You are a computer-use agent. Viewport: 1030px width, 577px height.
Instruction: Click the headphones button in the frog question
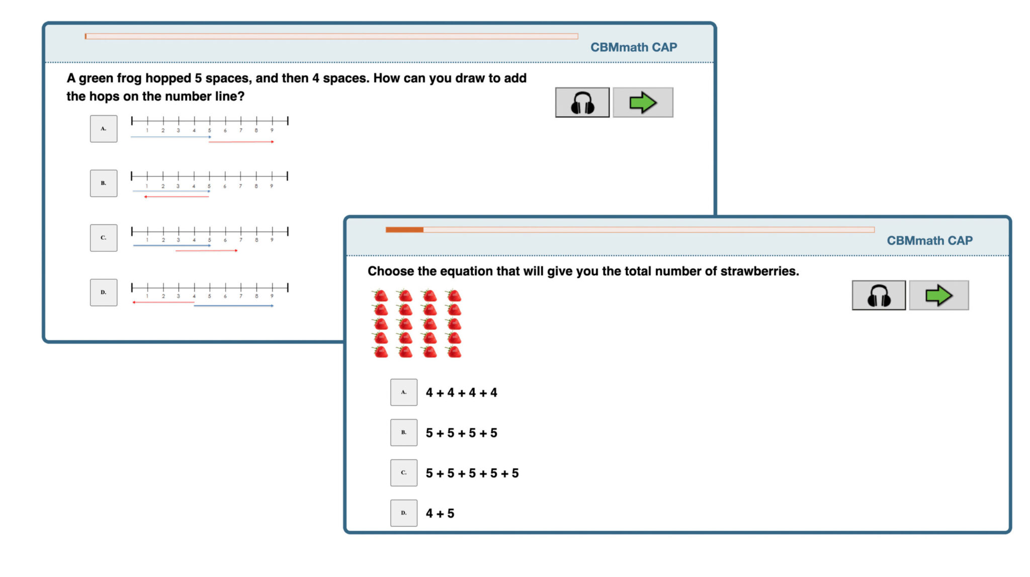pyautogui.click(x=582, y=103)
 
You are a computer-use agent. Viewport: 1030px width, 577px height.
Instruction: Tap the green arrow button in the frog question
pyautogui.click(x=643, y=103)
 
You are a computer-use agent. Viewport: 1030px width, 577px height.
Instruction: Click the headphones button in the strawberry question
pyautogui.click(x=879, y=295)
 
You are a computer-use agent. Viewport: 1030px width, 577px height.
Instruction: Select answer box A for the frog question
pyautogui.click(x=104, y=129)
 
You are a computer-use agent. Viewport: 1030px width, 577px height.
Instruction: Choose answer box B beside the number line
pyautogui.click(x=104, y=183)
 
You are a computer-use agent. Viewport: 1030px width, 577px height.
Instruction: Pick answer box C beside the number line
pyautogui.click(x=104, y=238)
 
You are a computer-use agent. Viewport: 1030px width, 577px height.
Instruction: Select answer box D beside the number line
pyautogui.click(x=104, y=292)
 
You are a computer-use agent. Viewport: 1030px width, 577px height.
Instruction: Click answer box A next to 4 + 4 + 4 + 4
pyautogui.click(x=404, y=392)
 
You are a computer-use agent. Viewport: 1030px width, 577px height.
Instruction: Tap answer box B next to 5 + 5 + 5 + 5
pyautogui.click(x=404, y=433)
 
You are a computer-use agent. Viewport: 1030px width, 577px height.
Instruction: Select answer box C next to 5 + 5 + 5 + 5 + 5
pyautogui.click(x=404, y=473)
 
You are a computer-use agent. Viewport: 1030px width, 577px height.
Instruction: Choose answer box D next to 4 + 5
pyautogui.click(x=404, y=513)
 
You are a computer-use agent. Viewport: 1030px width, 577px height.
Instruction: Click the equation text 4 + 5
pyautogui.click(x=440, y=514)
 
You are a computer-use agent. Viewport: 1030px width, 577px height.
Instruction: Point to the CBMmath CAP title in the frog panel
pyautogui.click(x=634, y=47)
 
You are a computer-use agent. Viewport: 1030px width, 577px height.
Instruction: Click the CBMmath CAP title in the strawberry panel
pyautogui.click(x=929, y=241)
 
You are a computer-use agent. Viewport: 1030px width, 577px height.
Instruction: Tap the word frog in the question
pyautogui.click(x=128, y=78)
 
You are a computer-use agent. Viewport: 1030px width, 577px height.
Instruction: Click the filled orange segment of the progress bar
pyautogui.click(x=404, y=230)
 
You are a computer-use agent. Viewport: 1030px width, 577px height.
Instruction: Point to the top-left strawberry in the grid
pyautogui.click(x=381, y=295)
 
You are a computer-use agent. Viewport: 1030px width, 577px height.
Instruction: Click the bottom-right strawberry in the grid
pyautogui.click(x=454, y=352)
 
